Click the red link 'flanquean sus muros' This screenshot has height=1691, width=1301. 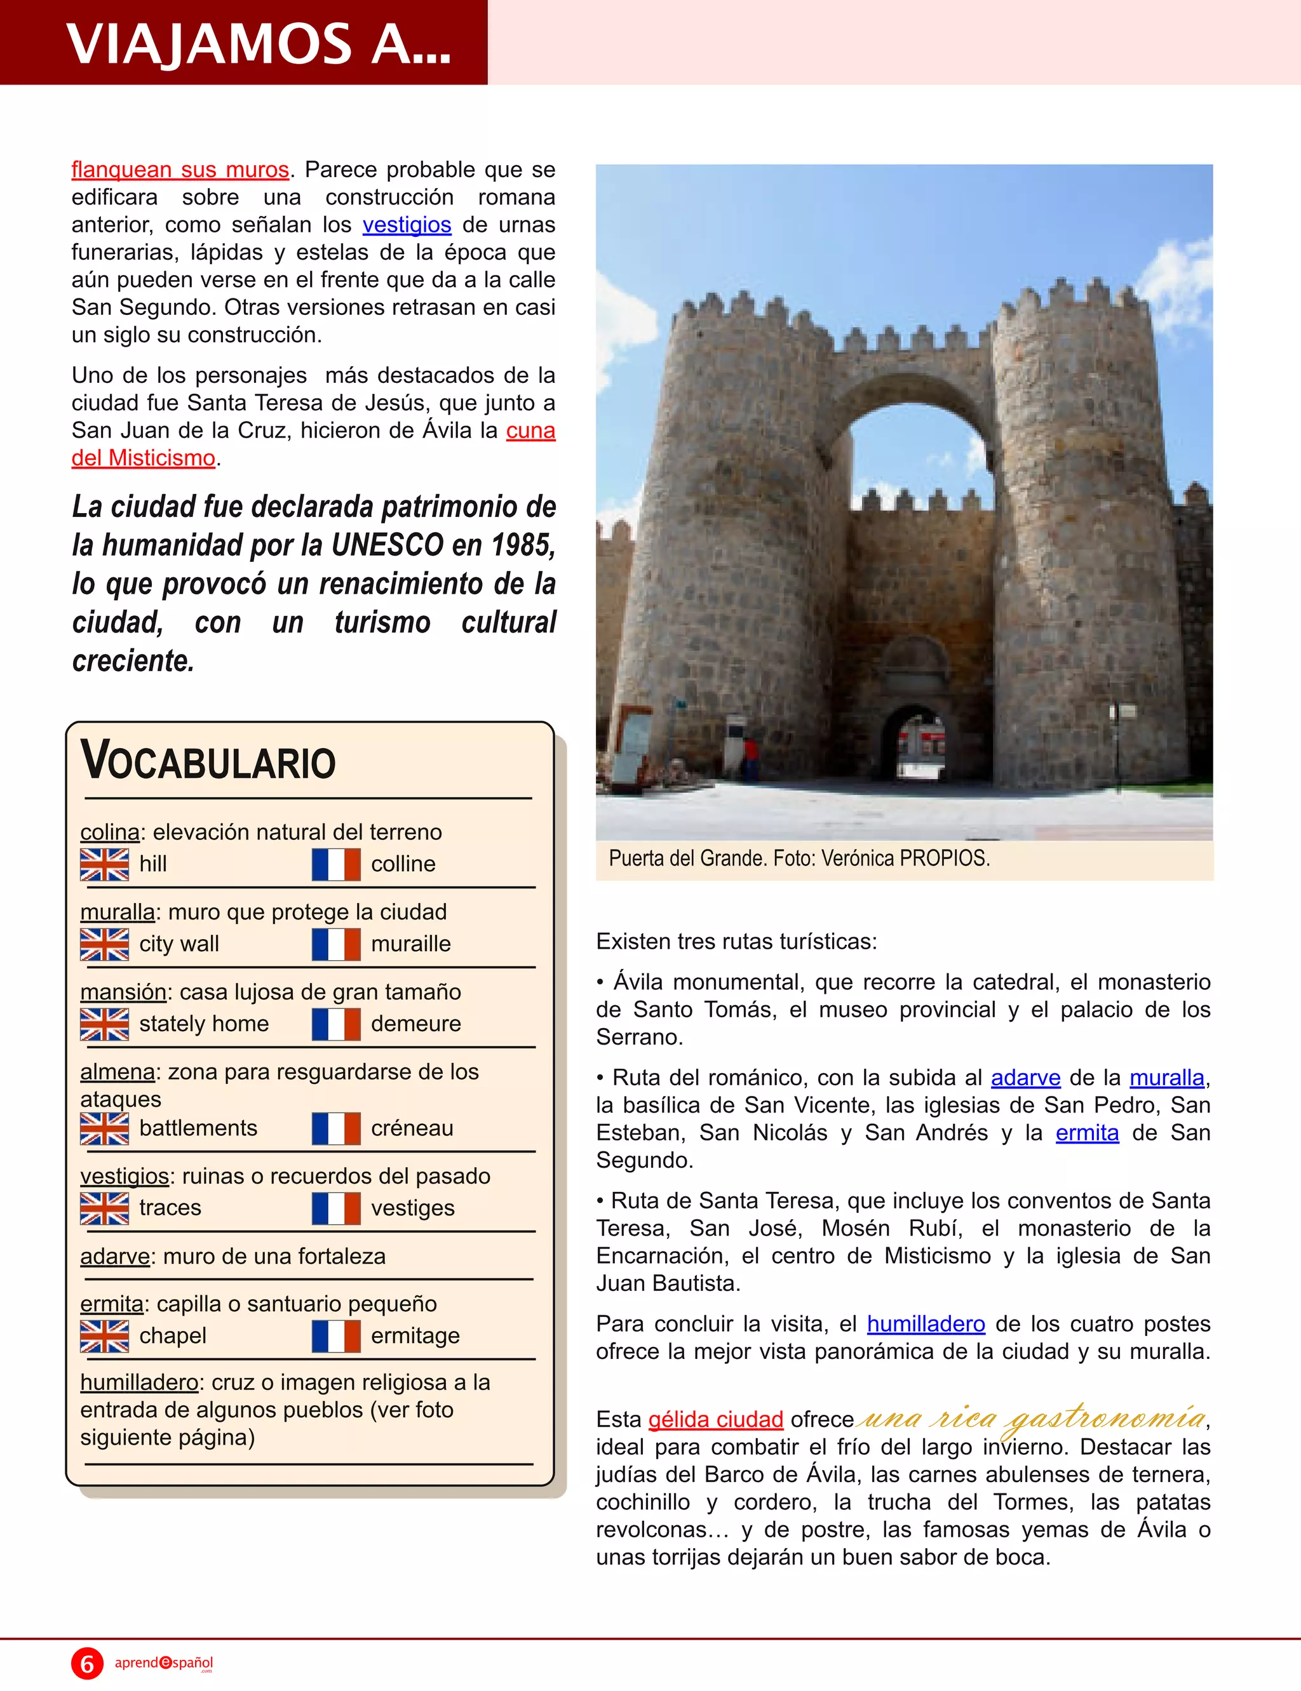click(x=180, y=170)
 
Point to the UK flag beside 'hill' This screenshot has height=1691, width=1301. click(x=105, y=864)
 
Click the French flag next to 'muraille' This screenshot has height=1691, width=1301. click(x=336, y=944)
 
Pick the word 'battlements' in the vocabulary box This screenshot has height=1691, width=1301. click(x=198, y=1128)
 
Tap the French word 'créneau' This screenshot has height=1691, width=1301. click(x=412, y=1128)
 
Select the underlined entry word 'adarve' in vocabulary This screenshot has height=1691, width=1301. click(x=114, y=1256)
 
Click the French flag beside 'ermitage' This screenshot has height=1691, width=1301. click(x=336, y=1336)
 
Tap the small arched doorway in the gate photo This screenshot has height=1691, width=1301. click(x=915, y=743)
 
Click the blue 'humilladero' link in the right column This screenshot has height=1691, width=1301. click(x=926, y=1324)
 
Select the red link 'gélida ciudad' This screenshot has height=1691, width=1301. click(x=715, y=1419)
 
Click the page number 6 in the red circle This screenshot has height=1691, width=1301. click(x=88, y=1663)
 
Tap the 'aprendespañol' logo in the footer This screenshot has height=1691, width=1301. click(x=163, y=1662)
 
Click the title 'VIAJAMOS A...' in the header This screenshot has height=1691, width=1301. click(x=259, y=43)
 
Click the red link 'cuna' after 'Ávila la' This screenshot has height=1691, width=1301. click(x=530, y=431)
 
